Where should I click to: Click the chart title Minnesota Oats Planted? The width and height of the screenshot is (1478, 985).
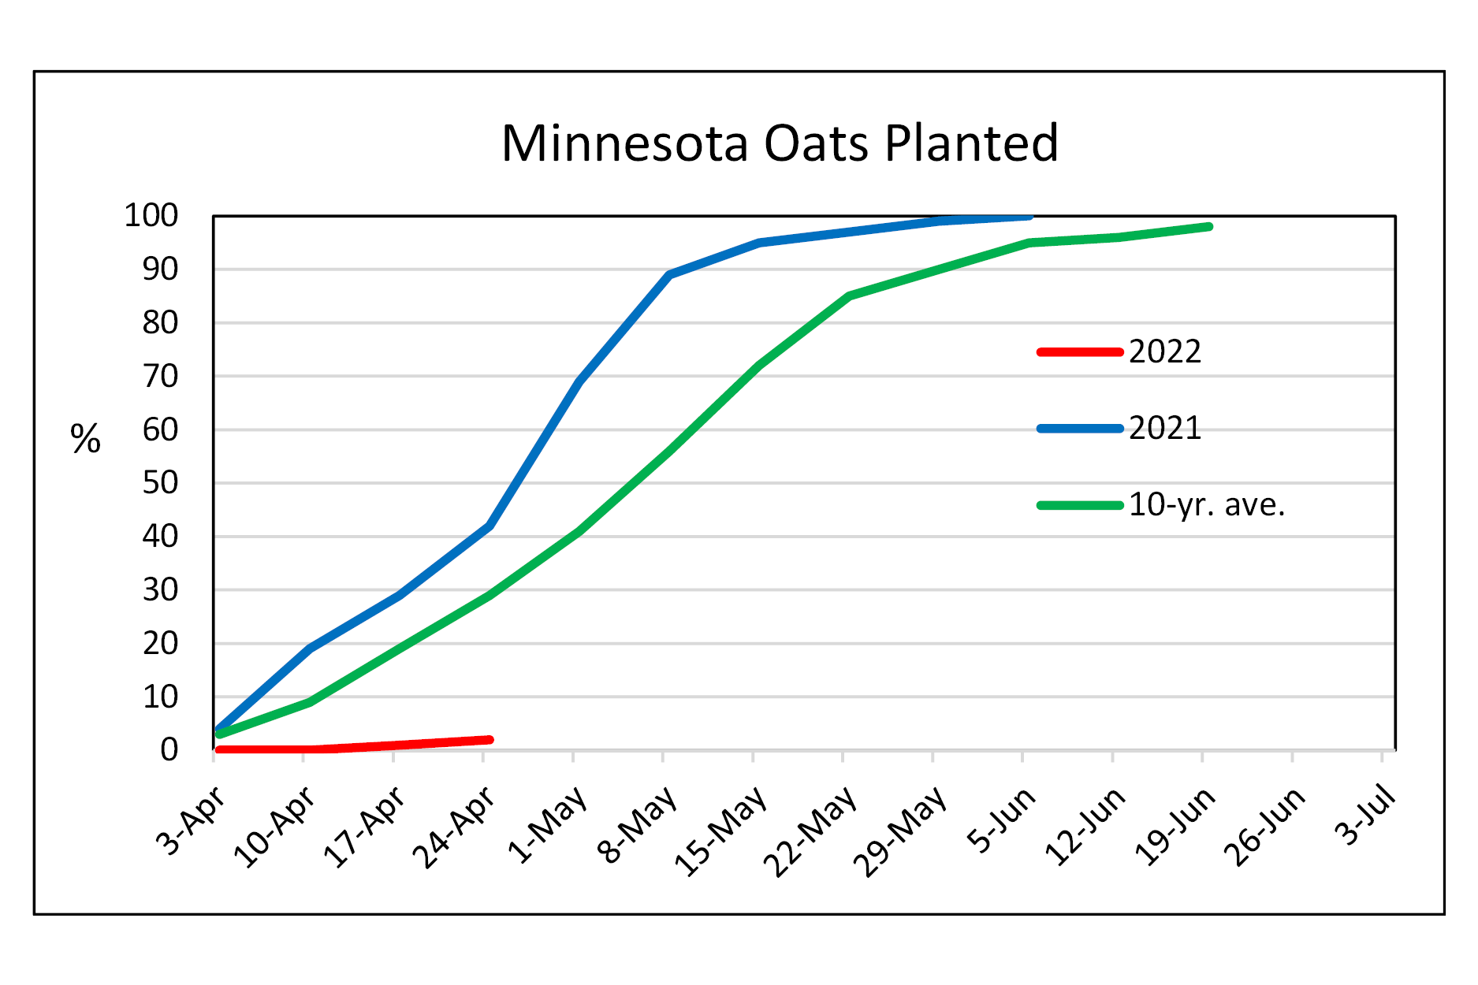(x=780, y=143)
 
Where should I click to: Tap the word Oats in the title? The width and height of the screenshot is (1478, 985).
(x=813, y=143)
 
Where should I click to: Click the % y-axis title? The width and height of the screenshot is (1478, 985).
(x=85, y=438)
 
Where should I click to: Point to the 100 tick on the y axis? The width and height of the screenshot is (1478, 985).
(x=151, y=215)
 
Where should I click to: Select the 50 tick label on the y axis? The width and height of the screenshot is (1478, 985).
(x=160, y=482)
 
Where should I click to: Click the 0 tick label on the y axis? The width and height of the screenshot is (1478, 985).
(x=169, y=749)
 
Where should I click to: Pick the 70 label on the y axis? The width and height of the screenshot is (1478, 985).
(x=160, y=376)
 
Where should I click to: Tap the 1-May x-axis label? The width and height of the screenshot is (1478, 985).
(x=548, y=824)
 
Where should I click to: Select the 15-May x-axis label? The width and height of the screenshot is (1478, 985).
(x=720, y=832)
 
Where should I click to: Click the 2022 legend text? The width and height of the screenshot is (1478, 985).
(x=1164, y=351)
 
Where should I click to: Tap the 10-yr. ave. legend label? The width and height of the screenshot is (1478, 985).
(x=1206, y=504)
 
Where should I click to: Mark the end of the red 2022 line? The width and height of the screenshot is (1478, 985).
(x=490, y=739)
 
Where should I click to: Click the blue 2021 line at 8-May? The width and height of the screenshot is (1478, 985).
(x=669, y=274)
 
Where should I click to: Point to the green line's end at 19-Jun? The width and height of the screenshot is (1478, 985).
(x=1208, y=227)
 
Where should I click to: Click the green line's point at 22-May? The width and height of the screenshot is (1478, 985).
(x=849, y=295)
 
